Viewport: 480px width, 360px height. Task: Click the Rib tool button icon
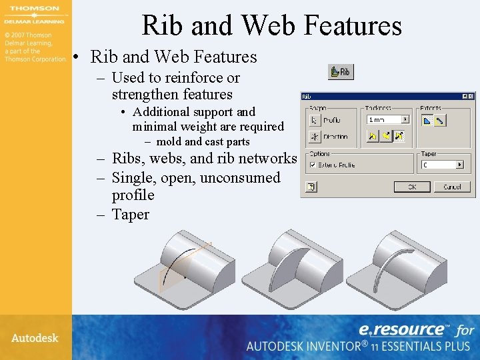341,72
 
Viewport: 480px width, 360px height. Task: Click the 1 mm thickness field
384,120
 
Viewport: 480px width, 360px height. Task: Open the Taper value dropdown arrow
459,164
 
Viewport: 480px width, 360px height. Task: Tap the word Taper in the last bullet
131,215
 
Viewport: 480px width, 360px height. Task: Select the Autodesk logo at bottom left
35,338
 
